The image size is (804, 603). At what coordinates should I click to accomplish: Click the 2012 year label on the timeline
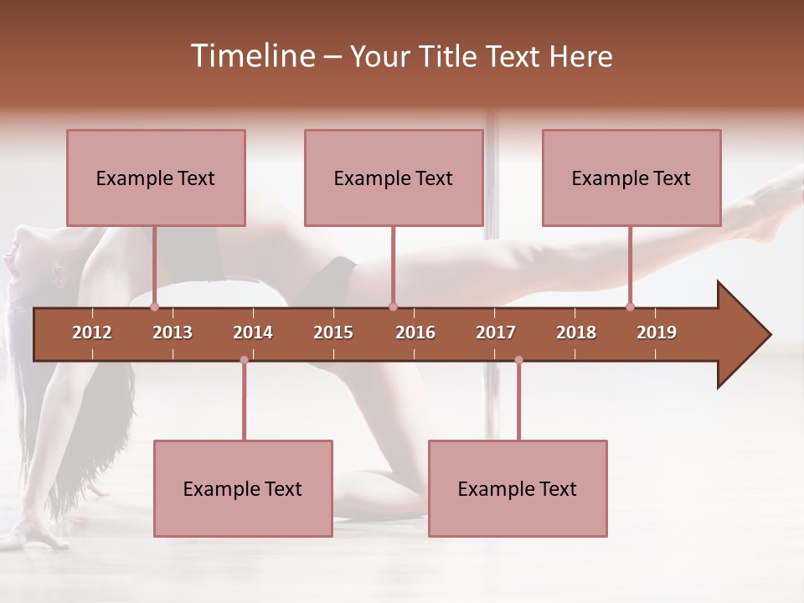click(x=92, y=332)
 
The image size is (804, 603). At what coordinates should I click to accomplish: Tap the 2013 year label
click(x=173, y=332)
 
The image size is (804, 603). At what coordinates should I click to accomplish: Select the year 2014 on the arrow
click(x=253, y=332)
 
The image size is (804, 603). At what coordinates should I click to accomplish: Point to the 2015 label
click(x=333, y=332)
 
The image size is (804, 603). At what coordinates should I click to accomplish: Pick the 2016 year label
click(x=415, y=332)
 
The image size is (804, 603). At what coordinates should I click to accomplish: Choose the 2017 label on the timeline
click(x=496, y=332)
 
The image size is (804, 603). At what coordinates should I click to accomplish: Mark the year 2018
click(x=576, y=332)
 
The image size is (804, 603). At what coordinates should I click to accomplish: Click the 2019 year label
click(x=657, y=332)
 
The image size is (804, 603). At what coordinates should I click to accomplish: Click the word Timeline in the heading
click(x=251, y=56)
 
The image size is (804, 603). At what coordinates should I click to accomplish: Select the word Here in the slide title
click(x=580, y=56)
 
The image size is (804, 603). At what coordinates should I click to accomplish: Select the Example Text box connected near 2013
click(x=156, y=178)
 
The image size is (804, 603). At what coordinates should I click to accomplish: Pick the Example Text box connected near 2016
click(x=394, y=178)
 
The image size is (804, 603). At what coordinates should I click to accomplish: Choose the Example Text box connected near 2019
click(x=631, y=178)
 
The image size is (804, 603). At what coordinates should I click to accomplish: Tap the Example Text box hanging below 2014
click(x=243, y=488)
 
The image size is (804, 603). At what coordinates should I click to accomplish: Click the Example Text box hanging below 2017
click(x=518, y=488)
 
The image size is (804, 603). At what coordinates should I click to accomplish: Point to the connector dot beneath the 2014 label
click(x=244, y=360)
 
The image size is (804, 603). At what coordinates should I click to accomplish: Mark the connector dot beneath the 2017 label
click(x=518, y=360)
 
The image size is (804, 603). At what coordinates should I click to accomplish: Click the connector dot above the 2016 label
click(x=393, y=307)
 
